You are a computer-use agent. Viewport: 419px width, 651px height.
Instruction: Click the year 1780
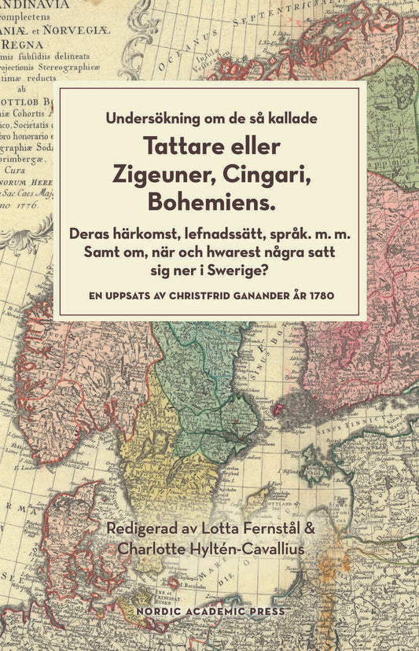323,296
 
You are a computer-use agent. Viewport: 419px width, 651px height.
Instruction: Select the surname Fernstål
264,525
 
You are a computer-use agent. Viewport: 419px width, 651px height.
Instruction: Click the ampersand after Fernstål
308,525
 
